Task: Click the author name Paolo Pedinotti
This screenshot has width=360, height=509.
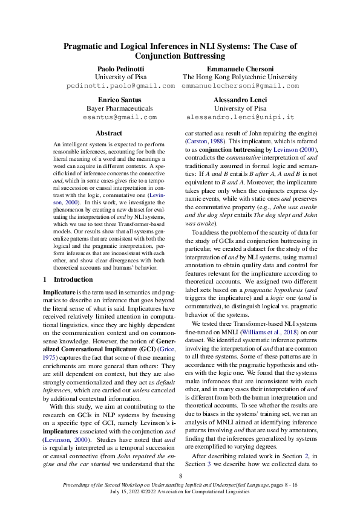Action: tap(120, 68)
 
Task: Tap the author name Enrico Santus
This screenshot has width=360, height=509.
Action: tap(120, 99)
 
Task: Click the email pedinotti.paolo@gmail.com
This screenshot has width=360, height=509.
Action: tap(120, 86)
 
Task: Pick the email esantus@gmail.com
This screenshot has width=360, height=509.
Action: tap(120, 117)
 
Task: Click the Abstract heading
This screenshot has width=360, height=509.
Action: tap(109, 133)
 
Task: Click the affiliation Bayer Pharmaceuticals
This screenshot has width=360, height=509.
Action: tap(120, 108)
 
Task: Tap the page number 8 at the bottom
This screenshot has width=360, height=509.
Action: tap(180, 476)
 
